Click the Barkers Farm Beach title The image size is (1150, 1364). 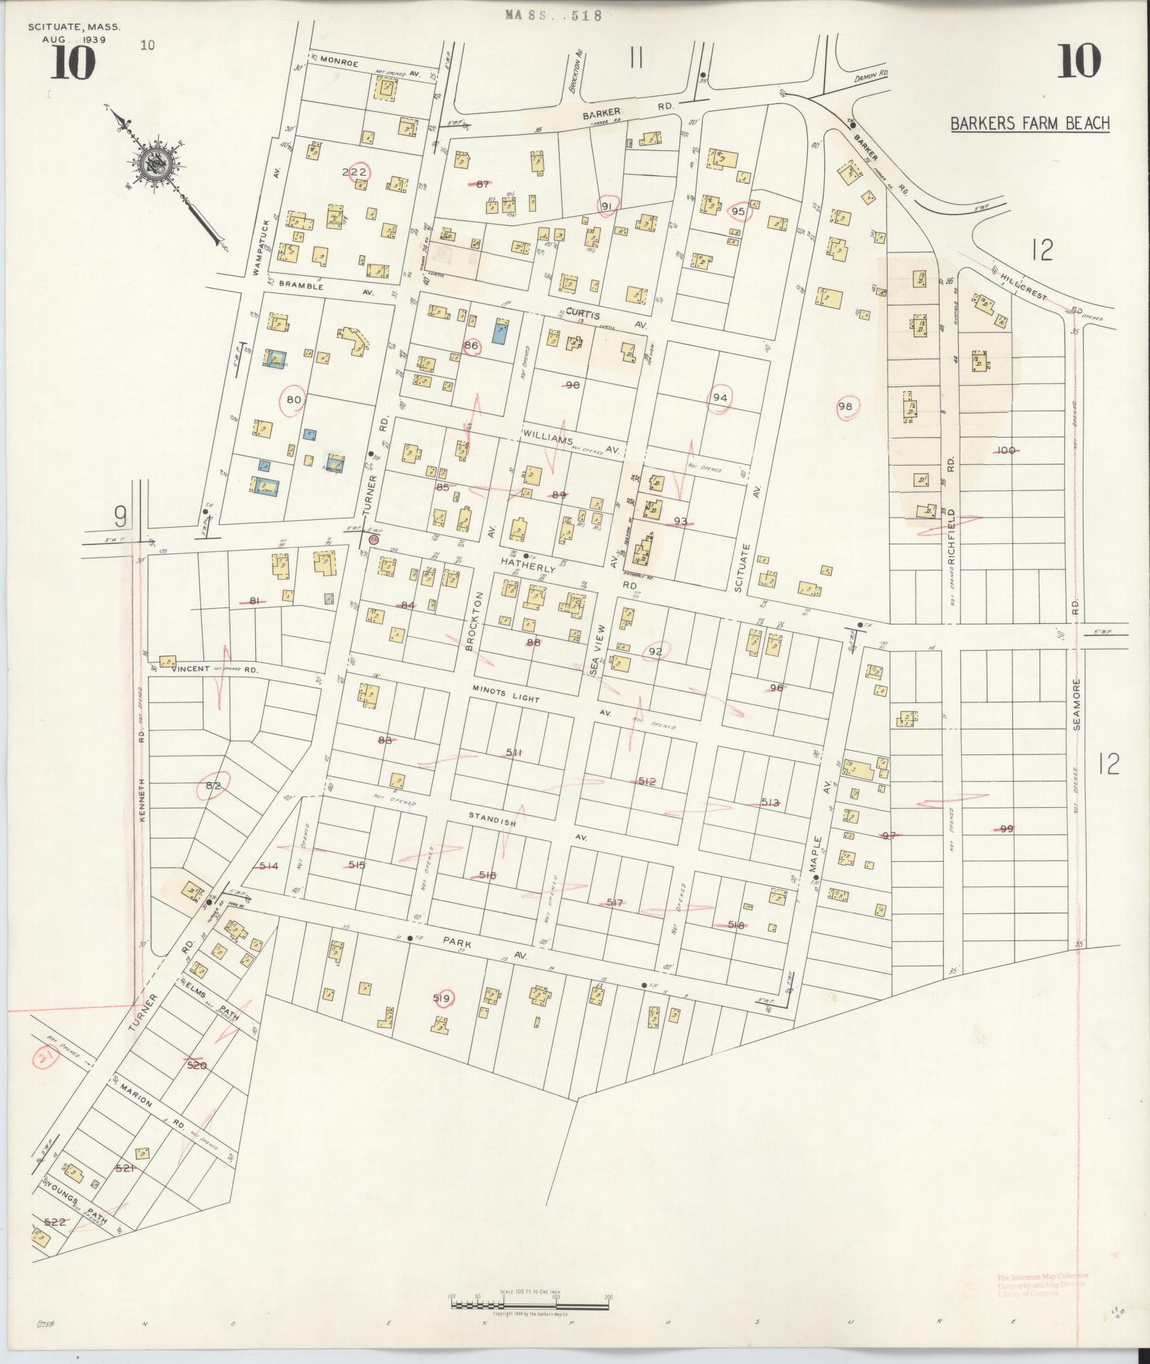click(x=1030, y=123)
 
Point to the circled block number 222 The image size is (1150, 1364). click(x=354, y=173)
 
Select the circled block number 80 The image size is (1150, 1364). click(x=294, y=400)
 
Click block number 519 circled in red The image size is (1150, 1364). click(x=441, y=999)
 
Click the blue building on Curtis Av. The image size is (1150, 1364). click(x=500, y=332)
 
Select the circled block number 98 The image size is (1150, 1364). click(x=846, y=406)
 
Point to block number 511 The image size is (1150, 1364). click(x=514, y=753)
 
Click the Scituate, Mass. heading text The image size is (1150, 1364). click(x=74, y=27)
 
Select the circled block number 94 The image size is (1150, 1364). click(x=719, y=398)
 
